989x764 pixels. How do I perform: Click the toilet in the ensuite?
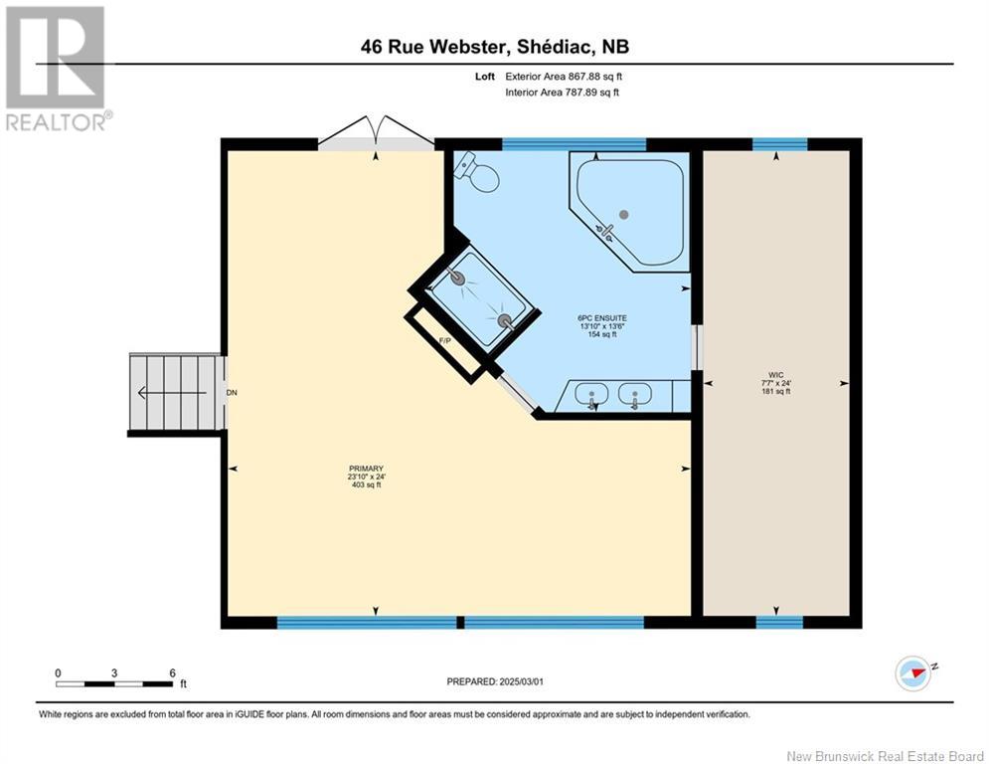[x=479, y=174]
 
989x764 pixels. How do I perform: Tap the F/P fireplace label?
[x=446, y=341]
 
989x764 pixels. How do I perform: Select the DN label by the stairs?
[x=232, y=393]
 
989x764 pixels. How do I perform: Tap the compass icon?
[x=912, y=672]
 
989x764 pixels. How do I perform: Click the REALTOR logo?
[x=57, y=68]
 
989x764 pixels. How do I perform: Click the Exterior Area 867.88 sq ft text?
[x=564, y=76]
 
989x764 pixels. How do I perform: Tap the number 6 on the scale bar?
[x=172, y=672]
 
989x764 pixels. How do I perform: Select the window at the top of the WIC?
[x=779, y=144]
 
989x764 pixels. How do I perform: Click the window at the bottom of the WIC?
[x=779, y=623]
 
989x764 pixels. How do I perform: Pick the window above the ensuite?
[x=574, y=144]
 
